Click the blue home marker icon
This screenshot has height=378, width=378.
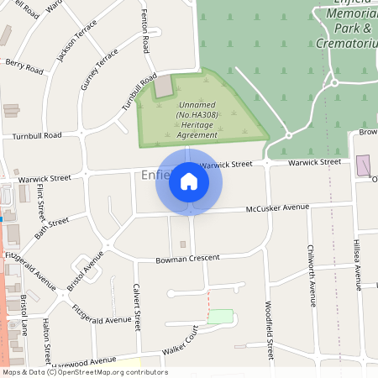189,181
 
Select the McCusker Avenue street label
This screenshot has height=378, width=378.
277,207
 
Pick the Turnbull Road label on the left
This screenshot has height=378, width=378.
32,135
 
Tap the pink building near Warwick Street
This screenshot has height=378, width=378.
364,165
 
